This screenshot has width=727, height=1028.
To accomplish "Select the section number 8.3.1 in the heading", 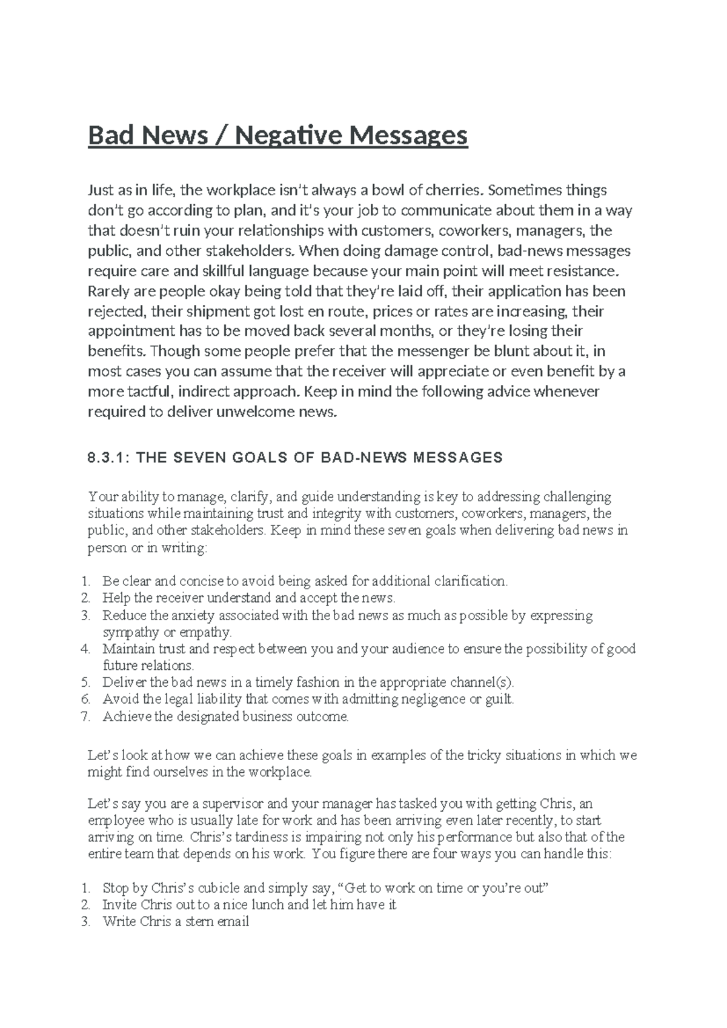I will click(108, 458).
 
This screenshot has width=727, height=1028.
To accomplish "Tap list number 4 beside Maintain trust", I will click(85, 649).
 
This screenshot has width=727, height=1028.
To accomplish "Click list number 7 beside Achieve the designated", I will click(85, 717).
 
